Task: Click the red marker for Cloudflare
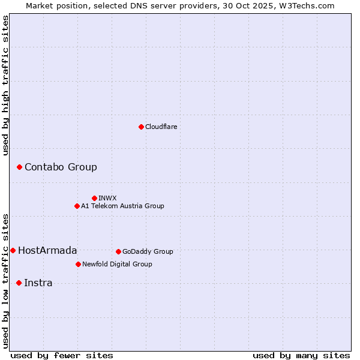[141, 127]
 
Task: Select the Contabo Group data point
[19, 167]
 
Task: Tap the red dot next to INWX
[94, 198]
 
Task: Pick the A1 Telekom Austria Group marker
[77, 206]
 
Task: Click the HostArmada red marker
[13, 250]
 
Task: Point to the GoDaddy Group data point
[118, 251]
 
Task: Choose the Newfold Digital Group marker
[78, 264]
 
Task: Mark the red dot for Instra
[19, 283]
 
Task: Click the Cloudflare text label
[161, 127]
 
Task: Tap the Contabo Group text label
[61, 167]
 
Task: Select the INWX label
[107, 198]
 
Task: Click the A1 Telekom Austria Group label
[122, 206]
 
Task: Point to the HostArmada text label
[47, 250]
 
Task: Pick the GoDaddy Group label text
[148, 251]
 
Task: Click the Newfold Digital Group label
[117, 264]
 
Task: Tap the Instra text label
[38, 283]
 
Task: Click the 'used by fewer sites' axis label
[62, 355]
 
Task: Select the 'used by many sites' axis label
[301, 355]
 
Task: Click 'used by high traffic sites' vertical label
[6, 85]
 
